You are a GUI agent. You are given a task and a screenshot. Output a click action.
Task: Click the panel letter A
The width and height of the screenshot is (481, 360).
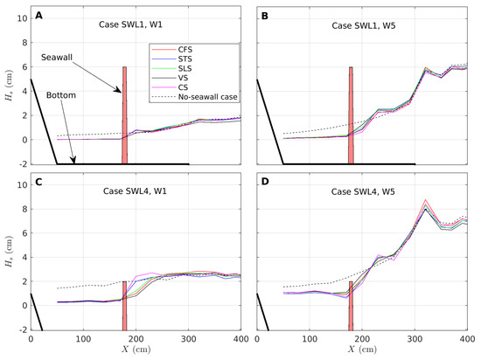click(x=40, y=16)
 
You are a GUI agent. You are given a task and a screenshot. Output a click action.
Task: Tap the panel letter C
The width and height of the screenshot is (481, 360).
click(x=40, y=186)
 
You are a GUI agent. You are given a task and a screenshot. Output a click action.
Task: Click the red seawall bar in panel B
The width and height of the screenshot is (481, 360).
click(x=351, y=114)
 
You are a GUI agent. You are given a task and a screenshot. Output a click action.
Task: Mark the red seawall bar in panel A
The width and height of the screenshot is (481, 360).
click(x=125, y=114)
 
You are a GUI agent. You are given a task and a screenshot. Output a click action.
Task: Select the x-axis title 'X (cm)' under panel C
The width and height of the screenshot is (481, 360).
click(x=136, y=352)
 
